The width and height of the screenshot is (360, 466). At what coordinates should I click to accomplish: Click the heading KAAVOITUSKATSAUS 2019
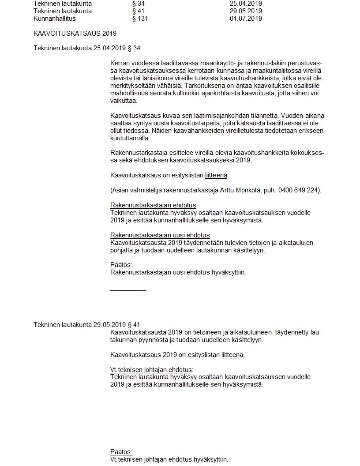point(75,34)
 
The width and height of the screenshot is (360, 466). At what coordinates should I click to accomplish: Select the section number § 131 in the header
point(140,19)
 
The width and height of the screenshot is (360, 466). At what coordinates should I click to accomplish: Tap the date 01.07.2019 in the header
point(246,19)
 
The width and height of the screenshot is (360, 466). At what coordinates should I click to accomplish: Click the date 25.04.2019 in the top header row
point(246,4)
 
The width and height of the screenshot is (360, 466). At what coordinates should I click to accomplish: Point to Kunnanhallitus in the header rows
point(55,19)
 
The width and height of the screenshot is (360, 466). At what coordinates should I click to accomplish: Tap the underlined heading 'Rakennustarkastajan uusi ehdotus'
point(160,235)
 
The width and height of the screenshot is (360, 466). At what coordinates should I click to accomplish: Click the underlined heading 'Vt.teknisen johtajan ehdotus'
point(151,370)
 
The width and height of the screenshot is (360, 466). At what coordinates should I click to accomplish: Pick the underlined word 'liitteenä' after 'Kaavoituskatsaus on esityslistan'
point(216,175)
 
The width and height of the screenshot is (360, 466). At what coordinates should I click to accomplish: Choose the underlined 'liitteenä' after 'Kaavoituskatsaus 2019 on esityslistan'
point(232,355)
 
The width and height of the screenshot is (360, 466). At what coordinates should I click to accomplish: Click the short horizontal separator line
point(128,290)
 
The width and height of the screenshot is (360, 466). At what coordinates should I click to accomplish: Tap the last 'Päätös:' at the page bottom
point(121,452)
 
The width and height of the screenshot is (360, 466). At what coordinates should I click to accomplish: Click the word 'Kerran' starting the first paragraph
point(120,64)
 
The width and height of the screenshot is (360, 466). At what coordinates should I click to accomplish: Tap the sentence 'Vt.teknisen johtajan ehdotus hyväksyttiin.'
point(169,459)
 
